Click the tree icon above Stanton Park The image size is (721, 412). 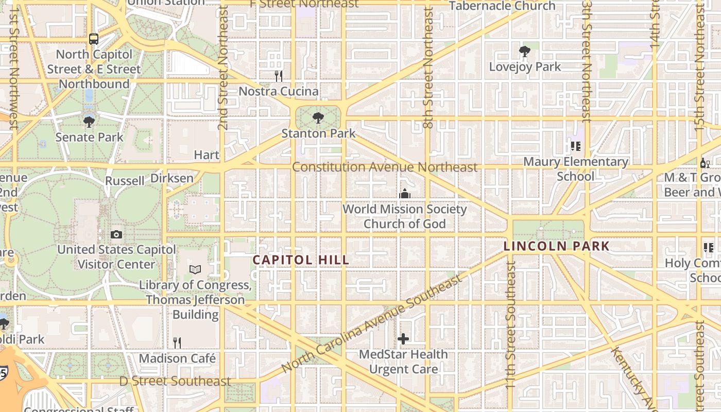point(318,118)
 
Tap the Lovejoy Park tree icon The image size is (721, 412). point(525,51)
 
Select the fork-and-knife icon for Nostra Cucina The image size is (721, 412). point(279,76)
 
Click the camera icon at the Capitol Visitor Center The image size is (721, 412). point(116,234)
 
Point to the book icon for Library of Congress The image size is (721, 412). point(195,269)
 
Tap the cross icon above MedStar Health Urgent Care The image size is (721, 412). point(403,339)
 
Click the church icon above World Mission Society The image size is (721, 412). point(405,194)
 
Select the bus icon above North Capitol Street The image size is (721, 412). point(93,39)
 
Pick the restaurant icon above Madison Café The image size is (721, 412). point(177,342)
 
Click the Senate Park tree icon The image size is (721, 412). point(89,122)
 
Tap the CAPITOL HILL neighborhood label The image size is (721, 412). point(301,260)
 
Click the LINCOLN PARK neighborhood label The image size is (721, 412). point(556,246)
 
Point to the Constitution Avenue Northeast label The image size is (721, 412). point(385,167)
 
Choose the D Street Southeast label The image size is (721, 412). point(175,381)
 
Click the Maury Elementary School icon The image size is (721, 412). point(575,146)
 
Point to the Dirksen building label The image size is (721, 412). point(172,178)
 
